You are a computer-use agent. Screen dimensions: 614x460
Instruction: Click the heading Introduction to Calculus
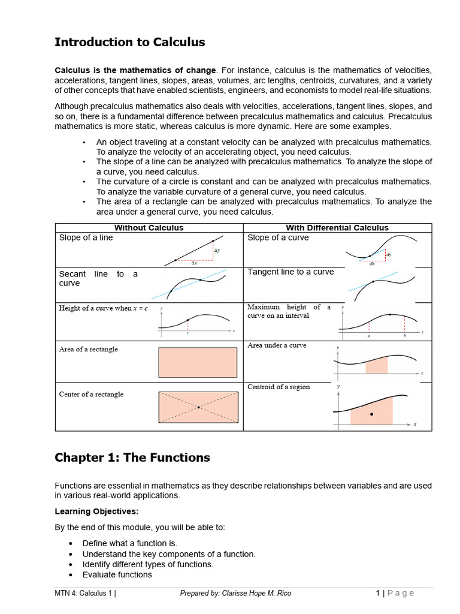tap(129, 42)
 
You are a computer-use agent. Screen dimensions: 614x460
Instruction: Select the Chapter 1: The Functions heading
tap(132, 458)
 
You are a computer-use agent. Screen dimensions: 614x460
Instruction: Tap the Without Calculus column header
tap(149, 228)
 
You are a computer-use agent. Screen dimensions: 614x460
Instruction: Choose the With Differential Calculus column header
tap(337, 228)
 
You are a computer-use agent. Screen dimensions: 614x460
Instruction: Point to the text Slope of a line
tap(86, 237)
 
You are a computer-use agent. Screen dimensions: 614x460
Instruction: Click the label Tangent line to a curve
tap(290, 272)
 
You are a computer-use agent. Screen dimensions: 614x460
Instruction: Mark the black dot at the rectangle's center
tap(198, 408)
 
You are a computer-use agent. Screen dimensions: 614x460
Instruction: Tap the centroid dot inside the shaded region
tap(371, 414)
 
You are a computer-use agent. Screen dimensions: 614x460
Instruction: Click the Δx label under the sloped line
tap(194, 263)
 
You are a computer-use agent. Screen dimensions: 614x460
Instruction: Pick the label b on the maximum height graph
tap(404, 336)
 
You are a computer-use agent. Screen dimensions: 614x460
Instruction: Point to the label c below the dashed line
tap(187, 333)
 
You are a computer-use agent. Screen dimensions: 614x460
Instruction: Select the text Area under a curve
tap(277, 345)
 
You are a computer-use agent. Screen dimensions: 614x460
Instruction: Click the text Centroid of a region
tap(279, 387)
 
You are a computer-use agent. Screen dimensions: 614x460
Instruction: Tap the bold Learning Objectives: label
tap(96, 511)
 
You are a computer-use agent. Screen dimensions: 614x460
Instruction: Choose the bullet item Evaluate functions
tap(117, 574)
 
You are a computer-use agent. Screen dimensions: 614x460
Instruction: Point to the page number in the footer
tap(378, 594)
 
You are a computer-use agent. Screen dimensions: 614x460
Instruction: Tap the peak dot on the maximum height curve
tap(391, 314)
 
